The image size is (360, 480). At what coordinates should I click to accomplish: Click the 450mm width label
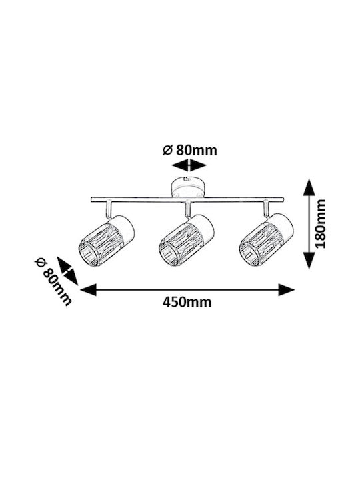187,303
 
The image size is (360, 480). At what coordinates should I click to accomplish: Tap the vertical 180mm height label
320,224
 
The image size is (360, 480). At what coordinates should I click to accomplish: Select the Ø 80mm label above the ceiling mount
190,150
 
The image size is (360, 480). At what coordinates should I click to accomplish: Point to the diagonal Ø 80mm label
53,282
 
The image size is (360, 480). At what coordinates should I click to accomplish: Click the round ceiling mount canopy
187,188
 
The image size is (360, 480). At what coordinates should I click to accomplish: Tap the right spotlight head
266,240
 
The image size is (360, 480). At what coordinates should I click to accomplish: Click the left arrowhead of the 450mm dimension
88,289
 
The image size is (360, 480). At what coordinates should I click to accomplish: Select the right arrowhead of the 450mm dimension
286,289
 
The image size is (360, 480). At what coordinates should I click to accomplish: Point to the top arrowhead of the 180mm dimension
309,187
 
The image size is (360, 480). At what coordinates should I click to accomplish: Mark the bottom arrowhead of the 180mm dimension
309,260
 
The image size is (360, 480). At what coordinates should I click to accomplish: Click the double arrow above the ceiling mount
189,165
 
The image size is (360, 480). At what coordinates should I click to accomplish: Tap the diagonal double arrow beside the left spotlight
67,271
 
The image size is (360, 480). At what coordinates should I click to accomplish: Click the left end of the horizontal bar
91,199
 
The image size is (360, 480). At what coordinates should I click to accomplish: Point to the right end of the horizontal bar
283,199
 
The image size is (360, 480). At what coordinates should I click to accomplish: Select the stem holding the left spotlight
109,210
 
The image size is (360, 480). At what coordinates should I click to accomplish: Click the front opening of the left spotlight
88,253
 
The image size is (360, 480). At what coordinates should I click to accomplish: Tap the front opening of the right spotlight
249,253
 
